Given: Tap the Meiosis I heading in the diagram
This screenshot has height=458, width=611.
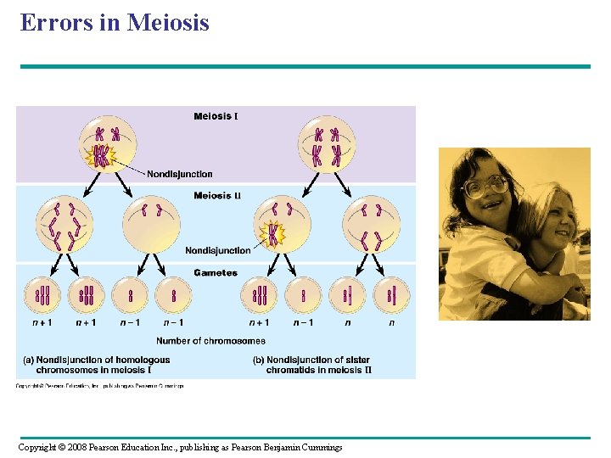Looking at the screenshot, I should point(216,116).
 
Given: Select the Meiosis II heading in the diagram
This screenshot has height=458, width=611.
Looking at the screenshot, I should point(216,196).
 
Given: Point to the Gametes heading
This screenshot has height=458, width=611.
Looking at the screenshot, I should point(216,273).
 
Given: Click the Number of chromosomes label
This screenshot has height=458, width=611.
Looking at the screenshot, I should point(210,341).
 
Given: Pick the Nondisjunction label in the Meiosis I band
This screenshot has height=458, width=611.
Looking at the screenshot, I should point(179,174).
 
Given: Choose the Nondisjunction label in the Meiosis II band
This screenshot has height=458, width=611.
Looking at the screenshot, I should point(218,250).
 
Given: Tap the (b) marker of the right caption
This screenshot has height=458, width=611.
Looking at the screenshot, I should point(259,360).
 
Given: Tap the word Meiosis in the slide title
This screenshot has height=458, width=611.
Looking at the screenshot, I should point(167,22).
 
